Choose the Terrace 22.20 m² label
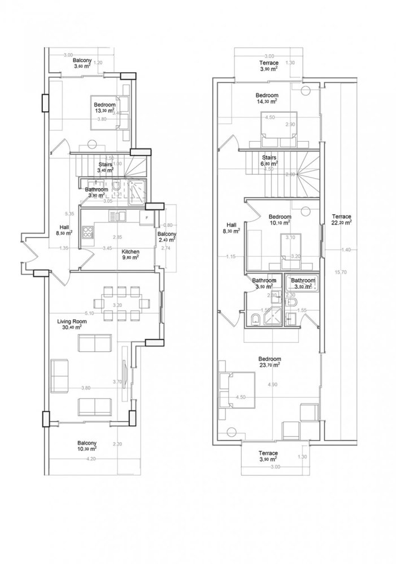(x=342, y=219)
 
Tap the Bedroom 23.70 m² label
(x=269, y=361)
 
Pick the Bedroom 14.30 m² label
(x=266, y=98)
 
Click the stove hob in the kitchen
(x=89, y=232)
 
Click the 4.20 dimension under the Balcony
(x=91, y=460)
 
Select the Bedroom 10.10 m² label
(x=280, y=219)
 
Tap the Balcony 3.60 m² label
(x=82, y=63)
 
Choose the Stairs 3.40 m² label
(x=106, y=166)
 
